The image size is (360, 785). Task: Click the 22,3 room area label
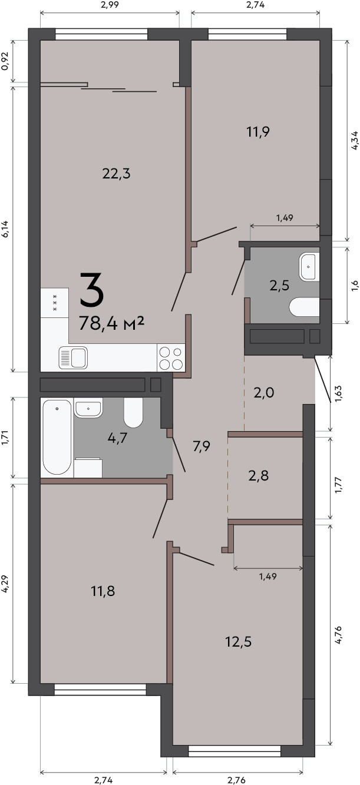pyautogui.click(x=117, y=174)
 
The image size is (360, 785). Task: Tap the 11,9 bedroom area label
pyautogui.click(x=258, y=132)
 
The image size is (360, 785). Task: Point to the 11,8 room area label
pyautogui.click(x=103, y=591)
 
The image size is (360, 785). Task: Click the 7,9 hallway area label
pyautogui.click(x=202, y=446)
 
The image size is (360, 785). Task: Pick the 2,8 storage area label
pyautogui.click(x=259, y=476)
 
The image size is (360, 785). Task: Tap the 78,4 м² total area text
pyautogui.click(x=112, y=323)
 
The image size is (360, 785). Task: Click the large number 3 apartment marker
pyautogui.click(x=92, y=290)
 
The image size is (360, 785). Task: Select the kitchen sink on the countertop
pyautogui.click(x=73, y=358)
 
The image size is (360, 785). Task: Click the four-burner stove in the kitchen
pyautogui.click(x=171, y=358)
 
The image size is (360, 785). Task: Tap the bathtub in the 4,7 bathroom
pyautogui.click(x=57, y=438)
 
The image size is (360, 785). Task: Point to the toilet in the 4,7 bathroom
pyautogui.click(x=133, y=412)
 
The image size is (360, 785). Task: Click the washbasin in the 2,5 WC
pyautogui.click(x=309, y=267)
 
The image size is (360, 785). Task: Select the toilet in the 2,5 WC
pyautogui.click(x=304, y=307)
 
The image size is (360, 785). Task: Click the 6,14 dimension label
pyautogui.click(x=5, y=230)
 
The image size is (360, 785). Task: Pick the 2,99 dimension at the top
pyautogui.click(x=110, y=5)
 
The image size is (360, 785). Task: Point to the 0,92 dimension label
pyautogui.click(x=5, y=61)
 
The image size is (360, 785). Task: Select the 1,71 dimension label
pyautogui.click(x=5, y=438)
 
